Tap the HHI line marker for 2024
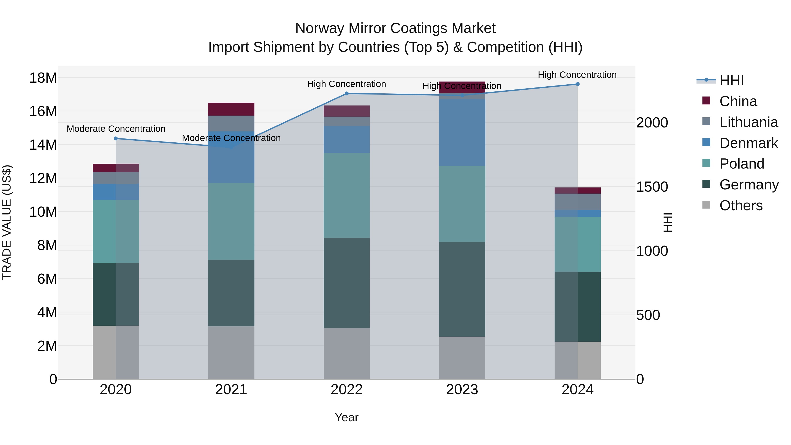pos(577,84)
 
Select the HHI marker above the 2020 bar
pos(116,138)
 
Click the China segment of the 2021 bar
pos(231,109)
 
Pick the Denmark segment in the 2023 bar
pos(462,133)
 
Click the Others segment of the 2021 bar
pos(231,352)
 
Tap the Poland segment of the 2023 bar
pos(462,204)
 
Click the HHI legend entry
pos(731,80)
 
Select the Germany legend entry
pos(749,185)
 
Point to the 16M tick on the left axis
pos(43,111)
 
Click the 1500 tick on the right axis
pos(652,187)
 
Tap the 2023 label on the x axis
pos(462,390)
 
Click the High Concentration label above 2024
pos(577,75)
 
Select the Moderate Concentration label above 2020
pos(116,129)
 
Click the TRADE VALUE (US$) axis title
pos(7,222)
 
